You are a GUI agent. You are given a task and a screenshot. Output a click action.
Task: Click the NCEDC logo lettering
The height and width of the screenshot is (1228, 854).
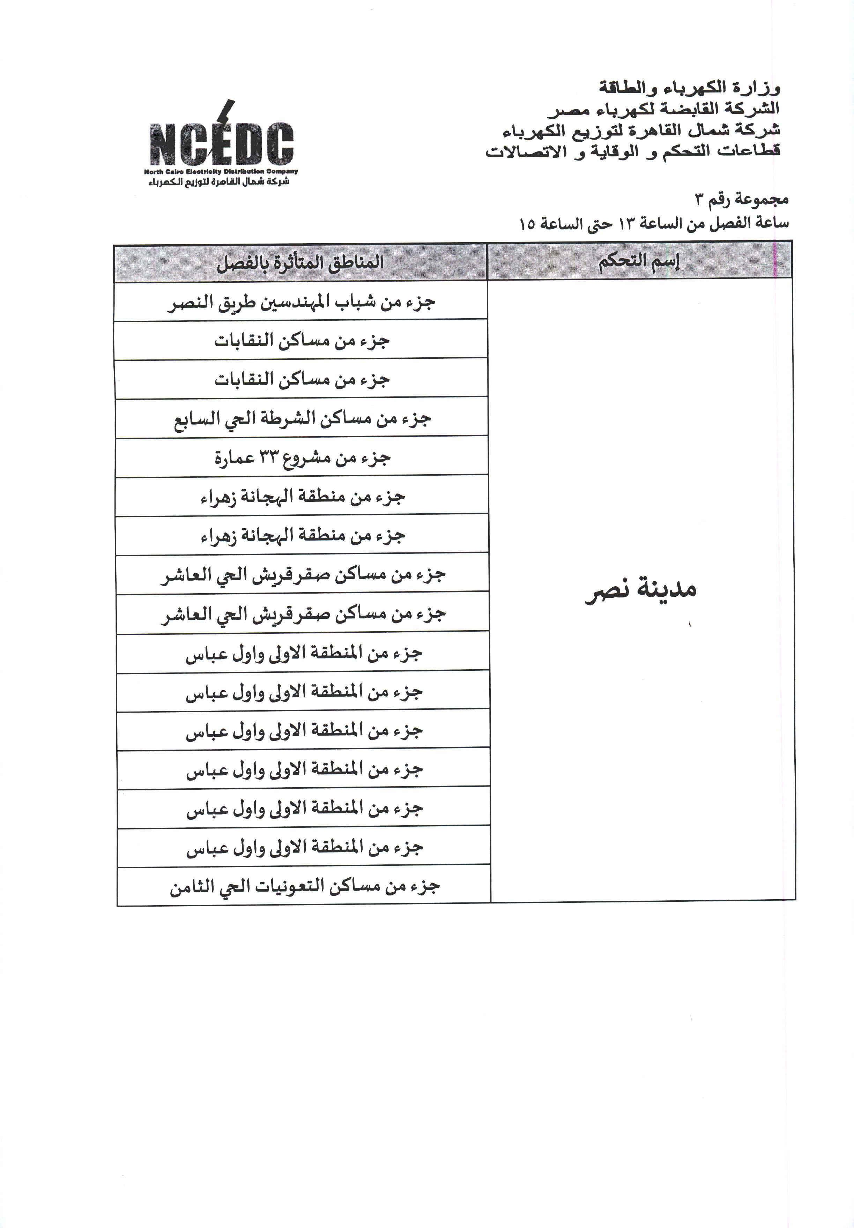point(221,143)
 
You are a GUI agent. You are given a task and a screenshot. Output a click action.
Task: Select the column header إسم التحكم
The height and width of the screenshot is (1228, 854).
point(639,261)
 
